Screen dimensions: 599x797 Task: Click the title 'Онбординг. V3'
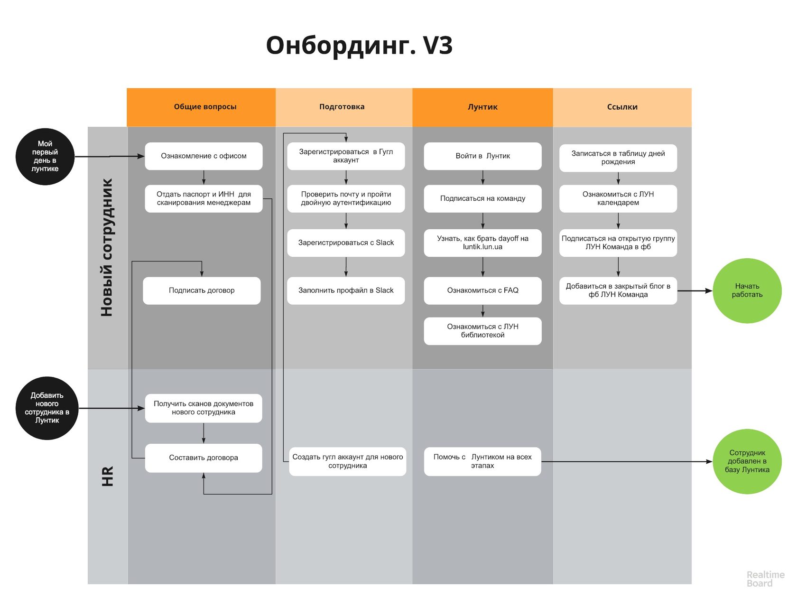[359, 46]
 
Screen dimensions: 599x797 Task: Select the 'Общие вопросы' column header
[205, 107]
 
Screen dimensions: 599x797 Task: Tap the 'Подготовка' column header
[342, 107]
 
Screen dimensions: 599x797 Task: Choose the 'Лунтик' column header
[482, 107]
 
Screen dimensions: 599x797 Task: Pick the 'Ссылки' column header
[622, 107]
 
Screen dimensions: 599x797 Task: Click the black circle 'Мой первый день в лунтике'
[45, 156]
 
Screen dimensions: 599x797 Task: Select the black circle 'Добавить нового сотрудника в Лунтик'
[47, 408]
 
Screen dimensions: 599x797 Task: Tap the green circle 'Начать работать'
[747, 290]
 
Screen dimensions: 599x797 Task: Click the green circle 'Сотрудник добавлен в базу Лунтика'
[747, 461]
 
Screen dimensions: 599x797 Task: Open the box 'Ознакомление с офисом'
[204, 156]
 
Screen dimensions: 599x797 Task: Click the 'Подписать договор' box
[202, 290]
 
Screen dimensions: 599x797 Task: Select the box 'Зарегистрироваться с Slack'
[346, 243]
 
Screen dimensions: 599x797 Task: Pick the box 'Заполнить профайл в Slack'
[346, 290]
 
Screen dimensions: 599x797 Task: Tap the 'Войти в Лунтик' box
[482, 156]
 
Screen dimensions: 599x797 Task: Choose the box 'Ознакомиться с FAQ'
[482, 290]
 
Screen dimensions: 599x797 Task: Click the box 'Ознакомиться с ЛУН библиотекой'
[482, 331]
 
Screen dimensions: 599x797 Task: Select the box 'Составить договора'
[204, 458]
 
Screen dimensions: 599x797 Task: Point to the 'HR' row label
[108, 476]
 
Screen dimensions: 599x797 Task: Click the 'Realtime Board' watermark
[765, 579]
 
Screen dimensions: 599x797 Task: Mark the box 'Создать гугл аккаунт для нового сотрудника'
[347, 461]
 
